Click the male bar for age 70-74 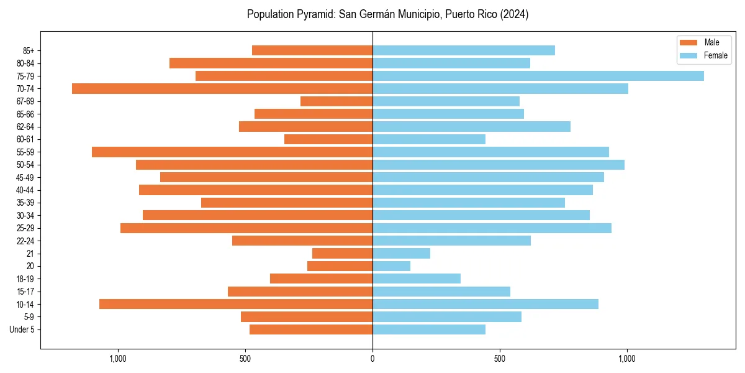(222, 89)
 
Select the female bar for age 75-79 (538, 76)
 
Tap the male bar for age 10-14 (236, 304)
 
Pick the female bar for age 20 (391, 266)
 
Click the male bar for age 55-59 (232, 152)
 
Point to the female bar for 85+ (463, 50)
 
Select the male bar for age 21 (342, 254)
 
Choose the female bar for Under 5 (428, 329)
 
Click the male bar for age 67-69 (336, 101)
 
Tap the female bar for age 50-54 (498, 165)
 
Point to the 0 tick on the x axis (372, 359)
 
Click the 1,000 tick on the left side (118, 359)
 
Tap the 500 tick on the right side (500, 359)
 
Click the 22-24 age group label (25, 241)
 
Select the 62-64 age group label (25, 127)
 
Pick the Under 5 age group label (22, 329)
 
